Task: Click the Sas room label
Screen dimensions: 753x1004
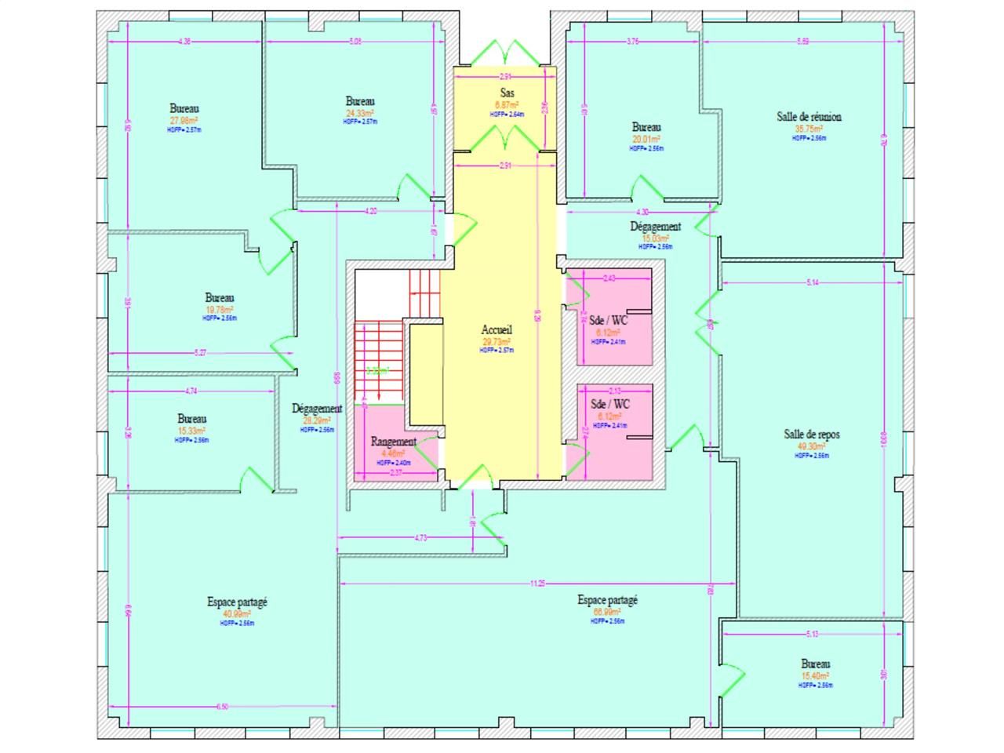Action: pos(507,93)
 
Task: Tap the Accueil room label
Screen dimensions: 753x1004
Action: pos(497,330)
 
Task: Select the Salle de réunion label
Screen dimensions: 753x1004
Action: pos(809,117)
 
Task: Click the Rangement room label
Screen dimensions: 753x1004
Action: pos(393,442)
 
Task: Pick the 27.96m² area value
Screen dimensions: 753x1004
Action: pos(184,121)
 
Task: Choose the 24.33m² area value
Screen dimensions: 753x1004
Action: pos(360,113)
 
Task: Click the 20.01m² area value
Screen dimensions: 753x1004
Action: pos(646,140)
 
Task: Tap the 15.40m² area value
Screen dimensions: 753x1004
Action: pos(816,676)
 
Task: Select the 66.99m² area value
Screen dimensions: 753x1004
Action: pos(607,612)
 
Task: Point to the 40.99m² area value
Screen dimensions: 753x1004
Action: pos(237,613)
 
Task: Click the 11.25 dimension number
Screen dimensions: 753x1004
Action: pos(537,584)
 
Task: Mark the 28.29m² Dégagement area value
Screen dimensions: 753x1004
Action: pos(317,420)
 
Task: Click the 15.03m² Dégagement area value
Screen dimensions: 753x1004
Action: pos(656,238)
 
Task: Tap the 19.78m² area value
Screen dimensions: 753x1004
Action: pos(220,310)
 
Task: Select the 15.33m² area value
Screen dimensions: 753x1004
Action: pos(191,431)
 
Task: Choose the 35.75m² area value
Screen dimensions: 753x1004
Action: pos(809,129)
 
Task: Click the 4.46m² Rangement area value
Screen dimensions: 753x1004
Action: pos(393,453)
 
